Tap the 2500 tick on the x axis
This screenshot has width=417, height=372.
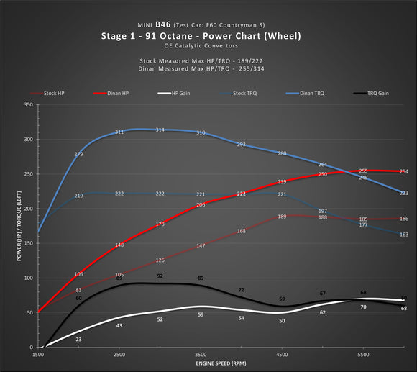tap(119, 355)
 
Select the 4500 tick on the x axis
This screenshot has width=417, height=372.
tap(282, 355)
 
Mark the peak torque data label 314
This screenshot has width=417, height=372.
tap(160, 130)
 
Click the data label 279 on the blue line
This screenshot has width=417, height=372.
tap(78, 154)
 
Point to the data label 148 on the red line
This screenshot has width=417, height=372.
tap(119, 245)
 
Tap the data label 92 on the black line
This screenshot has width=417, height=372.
tap(160, 276)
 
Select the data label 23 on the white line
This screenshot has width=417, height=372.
tap(78, 339)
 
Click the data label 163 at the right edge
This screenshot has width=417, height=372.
tap(404, 235)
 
